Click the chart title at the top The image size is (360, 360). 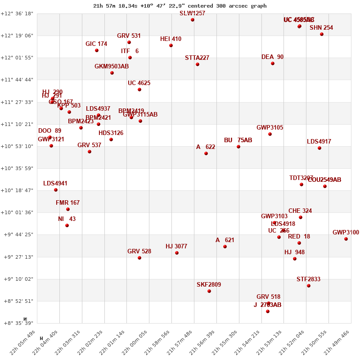(180, 6)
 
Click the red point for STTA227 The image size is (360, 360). (198, 64)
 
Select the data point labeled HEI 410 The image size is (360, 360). (171, 45)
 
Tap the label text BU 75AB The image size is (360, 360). (238, 140)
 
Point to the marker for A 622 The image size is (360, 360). (206, 153)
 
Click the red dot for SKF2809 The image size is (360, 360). (209, 291)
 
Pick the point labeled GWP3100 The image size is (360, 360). (346, 239)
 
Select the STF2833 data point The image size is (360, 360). (309, 286)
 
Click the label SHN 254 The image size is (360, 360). (321, 27)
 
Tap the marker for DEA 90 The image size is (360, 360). (273, 63)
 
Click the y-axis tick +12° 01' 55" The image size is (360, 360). (17, 58)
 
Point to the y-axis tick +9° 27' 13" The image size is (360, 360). (17, 257)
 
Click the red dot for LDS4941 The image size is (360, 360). (56, 190)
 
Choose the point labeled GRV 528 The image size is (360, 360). (139, 258)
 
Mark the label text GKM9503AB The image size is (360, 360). (112, 66)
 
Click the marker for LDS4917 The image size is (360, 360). (319, 148)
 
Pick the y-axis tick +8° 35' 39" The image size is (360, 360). (17, 323)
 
